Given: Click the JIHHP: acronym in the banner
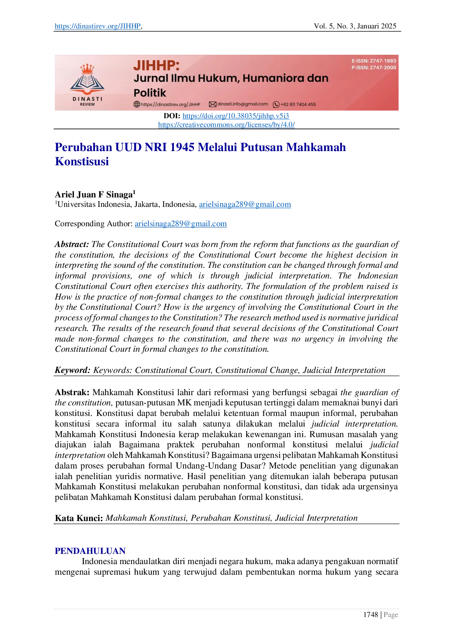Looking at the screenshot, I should coord(156,66).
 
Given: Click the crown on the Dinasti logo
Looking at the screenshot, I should coord(87,69).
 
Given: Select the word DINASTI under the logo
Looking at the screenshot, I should coord(87,99).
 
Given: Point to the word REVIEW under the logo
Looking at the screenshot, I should coord(87,104).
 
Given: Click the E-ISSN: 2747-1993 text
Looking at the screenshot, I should coord(374,61).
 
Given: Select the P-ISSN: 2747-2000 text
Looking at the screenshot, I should coord(374,68).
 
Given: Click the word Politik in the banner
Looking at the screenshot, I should coord(150,93).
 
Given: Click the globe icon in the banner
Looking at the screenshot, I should coord(137,104).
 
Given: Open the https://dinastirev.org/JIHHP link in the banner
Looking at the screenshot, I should coord(171,104).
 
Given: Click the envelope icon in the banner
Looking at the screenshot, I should coord(212,104).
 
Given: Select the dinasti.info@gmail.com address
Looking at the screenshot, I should coord(243,104).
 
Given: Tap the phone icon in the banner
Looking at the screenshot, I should coord(276,104).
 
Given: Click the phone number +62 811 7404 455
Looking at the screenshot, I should coord(298,104).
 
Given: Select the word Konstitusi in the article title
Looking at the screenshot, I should coord(82,161).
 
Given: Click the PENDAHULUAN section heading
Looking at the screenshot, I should coord(90,550).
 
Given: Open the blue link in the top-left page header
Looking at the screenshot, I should coord(97,26).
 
